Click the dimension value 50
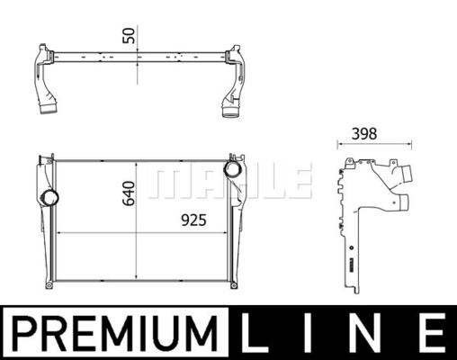[130, 35]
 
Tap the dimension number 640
[129, 193]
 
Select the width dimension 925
[193, 220]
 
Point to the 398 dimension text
[364, 134]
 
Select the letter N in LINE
[363, 332]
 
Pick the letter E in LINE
[431, 332]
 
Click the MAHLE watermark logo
[229, 181]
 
